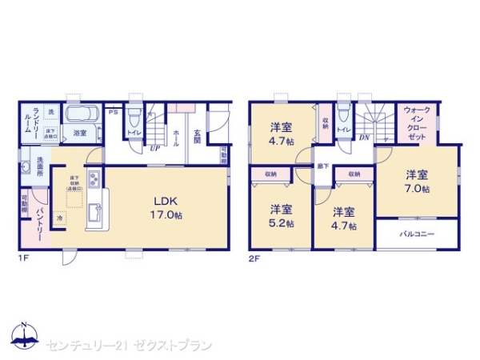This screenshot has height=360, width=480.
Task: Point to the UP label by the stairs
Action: click(154, 148)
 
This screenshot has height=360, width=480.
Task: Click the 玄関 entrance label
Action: click(197, 133)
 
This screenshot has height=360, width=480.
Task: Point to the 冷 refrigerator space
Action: click(60, 216)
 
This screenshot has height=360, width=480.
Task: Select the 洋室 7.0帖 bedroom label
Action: click(416, 182)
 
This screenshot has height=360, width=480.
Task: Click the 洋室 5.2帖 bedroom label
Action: click(281, 215)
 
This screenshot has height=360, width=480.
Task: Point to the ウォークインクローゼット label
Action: click(417, 122)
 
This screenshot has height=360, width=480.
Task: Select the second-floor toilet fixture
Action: click(343, 113)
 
